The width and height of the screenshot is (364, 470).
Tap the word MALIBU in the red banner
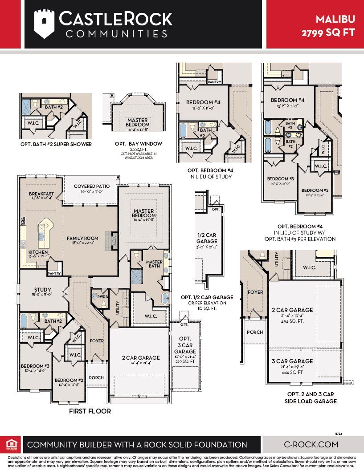point(335,19)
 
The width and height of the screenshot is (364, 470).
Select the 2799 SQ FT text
point(331,32)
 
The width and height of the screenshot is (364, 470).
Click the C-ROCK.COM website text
point(311,444)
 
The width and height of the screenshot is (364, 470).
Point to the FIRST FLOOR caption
point(90,411)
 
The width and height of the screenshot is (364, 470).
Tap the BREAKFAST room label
point(41,194)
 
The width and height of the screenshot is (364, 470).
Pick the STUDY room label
point(42,289)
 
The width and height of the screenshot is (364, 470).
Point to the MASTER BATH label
point(154,264)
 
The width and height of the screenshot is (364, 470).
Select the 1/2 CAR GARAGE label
point(207,238)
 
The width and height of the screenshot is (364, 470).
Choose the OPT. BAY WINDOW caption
point(132,144)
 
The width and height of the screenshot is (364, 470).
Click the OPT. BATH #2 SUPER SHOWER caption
point(56,144)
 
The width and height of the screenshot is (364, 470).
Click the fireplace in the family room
point(114,240)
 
